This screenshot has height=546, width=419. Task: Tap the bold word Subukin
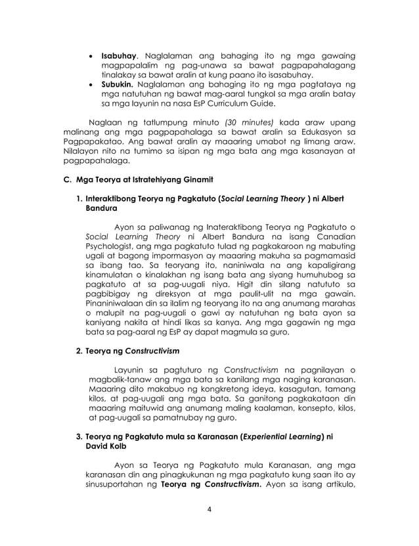[x=117, y=84]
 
